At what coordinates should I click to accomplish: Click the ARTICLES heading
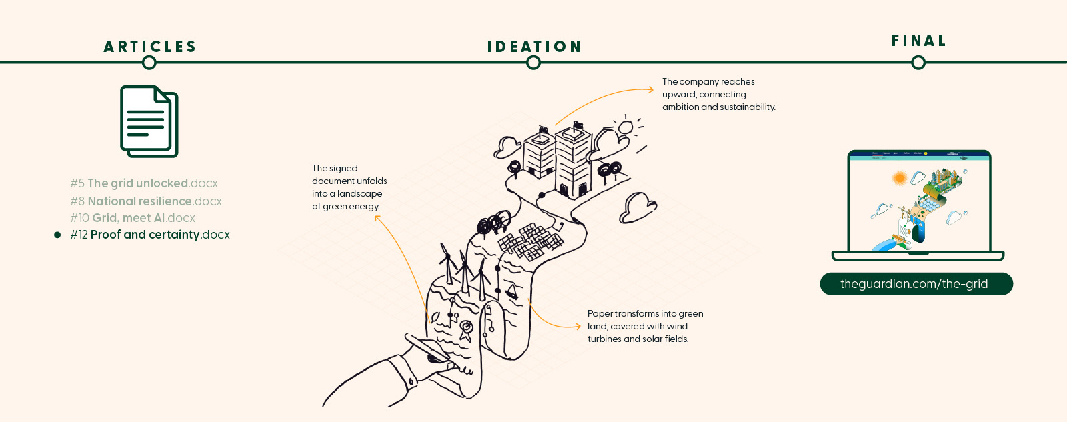tap(150, 47)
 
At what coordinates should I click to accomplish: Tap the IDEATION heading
tap(534, 47)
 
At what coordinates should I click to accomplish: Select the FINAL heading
tap(919, 41)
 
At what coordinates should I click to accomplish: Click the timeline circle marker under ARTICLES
tap(149, 63)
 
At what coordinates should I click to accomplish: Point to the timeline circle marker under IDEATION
tap(533, 63)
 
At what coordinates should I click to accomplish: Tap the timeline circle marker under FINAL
tap(918, 63)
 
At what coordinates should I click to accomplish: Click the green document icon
tap(149, 121)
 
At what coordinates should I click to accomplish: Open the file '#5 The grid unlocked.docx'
tap(144, 183)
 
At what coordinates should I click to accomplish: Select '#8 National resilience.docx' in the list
tap(146, 201)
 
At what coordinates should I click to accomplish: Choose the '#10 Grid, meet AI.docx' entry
tap(133, 218)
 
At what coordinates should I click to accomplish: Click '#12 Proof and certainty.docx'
tap(150, 235)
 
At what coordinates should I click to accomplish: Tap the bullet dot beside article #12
tap(57, 235)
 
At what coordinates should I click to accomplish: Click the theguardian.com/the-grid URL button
tap(916, 284)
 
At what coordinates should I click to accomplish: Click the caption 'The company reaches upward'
tap(718, 94)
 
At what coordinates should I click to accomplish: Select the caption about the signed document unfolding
tap(349, 187)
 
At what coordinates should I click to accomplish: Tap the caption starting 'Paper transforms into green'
tap(644, 326)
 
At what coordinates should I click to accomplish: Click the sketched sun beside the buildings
tap(625, 127)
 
